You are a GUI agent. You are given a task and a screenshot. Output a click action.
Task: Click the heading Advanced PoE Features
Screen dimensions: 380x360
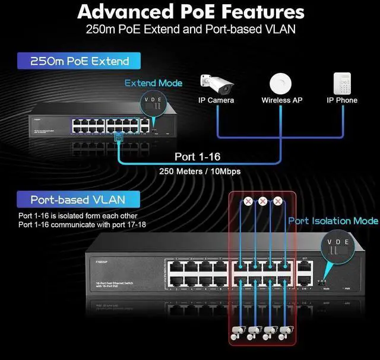pos(190,12)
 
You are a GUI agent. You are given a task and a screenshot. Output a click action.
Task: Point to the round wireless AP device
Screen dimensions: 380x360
pos(281,82)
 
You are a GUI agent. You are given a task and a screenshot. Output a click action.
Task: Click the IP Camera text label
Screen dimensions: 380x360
pos(216,100)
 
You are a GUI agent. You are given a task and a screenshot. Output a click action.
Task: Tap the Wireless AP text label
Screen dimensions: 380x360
pos(282,100)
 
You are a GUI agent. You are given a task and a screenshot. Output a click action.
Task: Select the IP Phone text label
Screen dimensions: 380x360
pos(342,100)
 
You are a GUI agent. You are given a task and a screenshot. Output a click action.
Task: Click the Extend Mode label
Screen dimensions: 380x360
pos(153,83)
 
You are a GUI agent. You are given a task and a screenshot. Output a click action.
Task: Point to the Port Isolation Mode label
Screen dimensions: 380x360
pos(333,221)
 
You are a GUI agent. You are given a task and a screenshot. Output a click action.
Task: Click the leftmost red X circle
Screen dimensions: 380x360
pos(248,201)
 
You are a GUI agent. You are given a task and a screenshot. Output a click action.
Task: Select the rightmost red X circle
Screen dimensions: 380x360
pos(277,201)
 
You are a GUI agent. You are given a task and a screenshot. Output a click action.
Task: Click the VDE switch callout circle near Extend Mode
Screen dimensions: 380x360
pos(153,104)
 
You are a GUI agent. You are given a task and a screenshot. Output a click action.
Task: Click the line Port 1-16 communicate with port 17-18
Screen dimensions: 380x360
pos(82,225)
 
